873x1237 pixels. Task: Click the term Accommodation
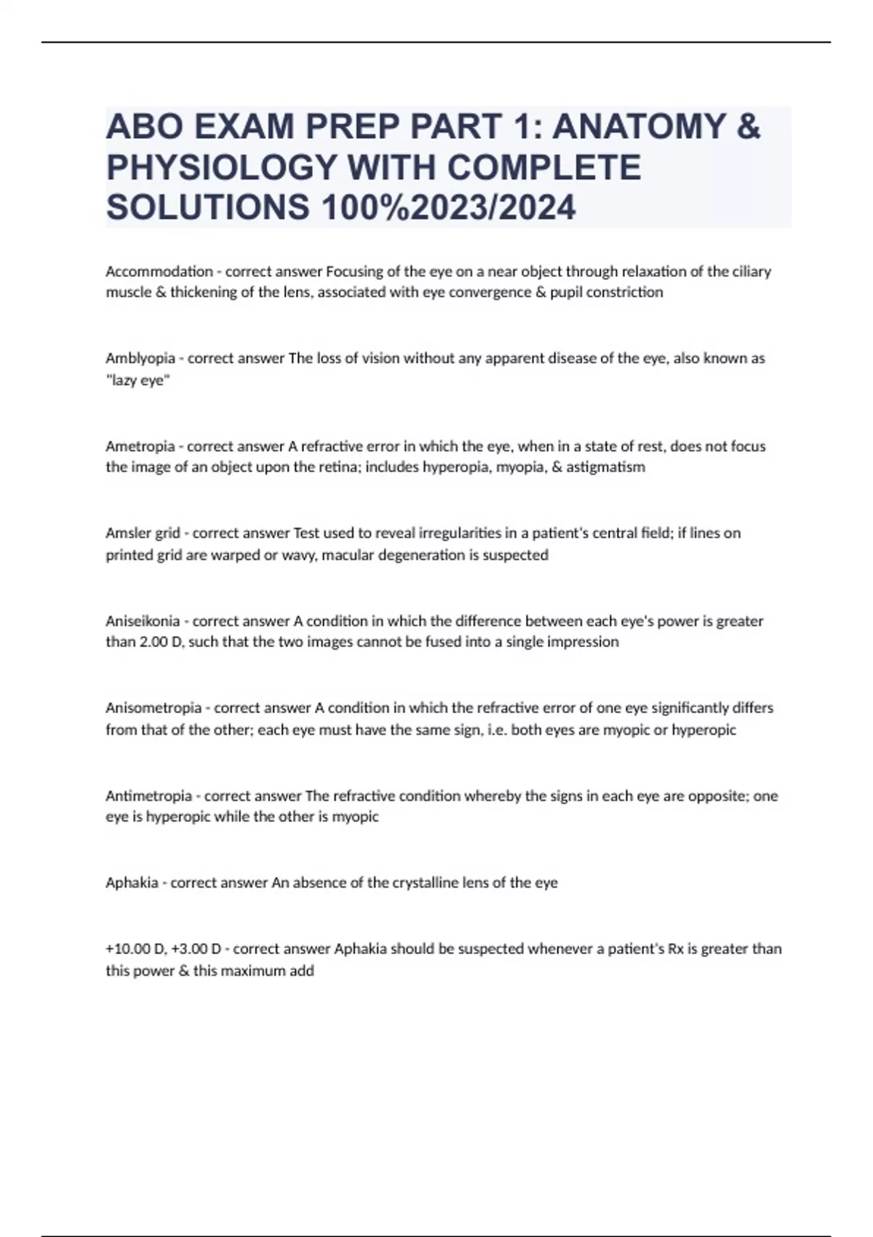click(159, 271)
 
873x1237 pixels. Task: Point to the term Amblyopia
click(140, 358)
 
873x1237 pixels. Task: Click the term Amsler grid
click(143, 533)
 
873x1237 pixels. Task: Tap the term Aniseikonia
click(143, 621)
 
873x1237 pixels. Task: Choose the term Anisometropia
click(154, 708)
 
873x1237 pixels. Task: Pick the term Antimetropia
click(149, 795)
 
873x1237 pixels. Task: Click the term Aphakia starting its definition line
click(132, 883)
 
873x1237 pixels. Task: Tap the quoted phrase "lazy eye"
click(137, 380)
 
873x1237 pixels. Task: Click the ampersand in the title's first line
click(748, 127)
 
